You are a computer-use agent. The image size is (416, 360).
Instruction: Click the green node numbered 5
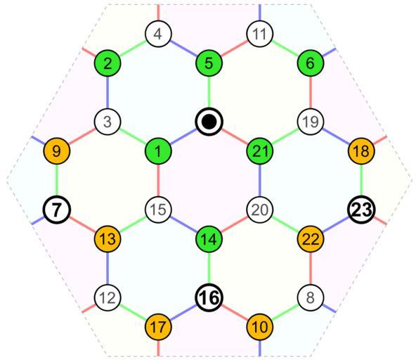209,63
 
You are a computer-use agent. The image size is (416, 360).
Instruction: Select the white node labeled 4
158,34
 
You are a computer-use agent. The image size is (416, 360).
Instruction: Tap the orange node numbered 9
57,151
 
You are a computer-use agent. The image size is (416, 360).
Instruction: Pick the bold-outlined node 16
209,297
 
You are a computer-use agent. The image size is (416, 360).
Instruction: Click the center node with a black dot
209,122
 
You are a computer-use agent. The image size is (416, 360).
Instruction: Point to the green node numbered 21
260,151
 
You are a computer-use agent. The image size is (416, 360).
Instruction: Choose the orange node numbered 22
311,239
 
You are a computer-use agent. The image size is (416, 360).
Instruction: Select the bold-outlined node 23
361,210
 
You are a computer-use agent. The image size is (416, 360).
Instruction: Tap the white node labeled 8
311,297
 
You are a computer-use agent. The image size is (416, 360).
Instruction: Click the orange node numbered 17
158,327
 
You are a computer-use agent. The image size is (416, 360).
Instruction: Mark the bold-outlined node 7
57,210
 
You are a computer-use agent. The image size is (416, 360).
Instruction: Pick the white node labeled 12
108,297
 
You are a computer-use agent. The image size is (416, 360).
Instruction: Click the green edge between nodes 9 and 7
57,180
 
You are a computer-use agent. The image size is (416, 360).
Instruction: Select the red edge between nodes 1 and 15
158,180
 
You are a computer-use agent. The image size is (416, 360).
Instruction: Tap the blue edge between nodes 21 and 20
260,180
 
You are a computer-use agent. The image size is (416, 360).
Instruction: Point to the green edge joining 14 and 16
209,268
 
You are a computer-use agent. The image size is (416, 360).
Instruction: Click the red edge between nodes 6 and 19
311,92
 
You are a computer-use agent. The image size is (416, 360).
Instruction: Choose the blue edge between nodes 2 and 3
108,92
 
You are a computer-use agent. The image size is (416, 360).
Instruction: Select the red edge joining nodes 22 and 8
311,268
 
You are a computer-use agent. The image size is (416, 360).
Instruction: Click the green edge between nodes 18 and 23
361,180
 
